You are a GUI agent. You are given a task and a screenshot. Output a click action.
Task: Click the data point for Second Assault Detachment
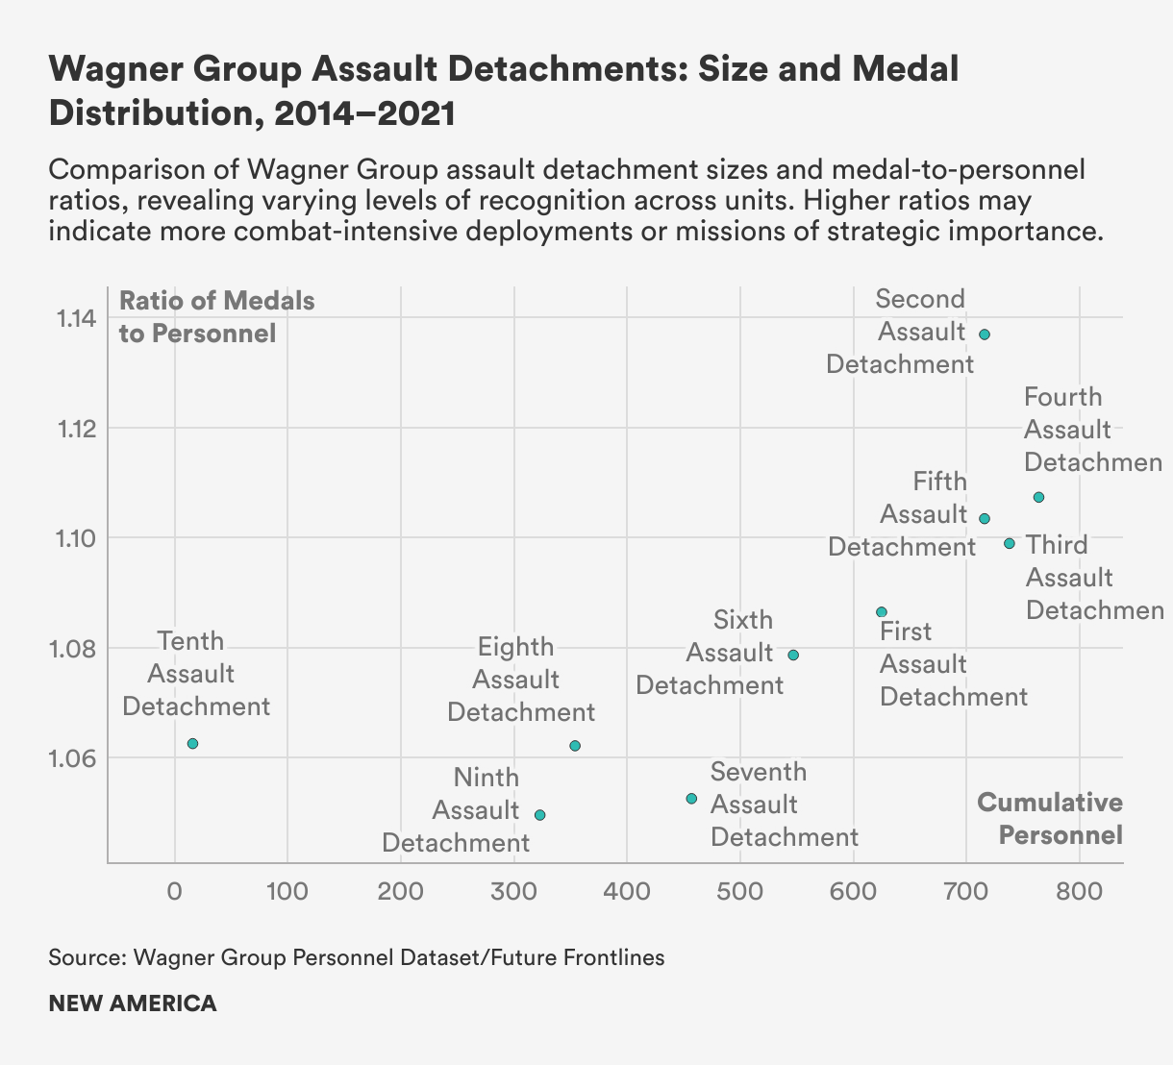[985, 334]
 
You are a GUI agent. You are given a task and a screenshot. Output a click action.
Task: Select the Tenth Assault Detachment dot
[192, 744]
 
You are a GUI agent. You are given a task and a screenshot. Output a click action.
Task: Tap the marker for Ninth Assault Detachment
[540, 815]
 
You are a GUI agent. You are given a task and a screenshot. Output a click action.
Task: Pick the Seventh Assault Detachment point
[691, 799]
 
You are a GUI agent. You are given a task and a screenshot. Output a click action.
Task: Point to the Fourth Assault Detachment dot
[1038, 497]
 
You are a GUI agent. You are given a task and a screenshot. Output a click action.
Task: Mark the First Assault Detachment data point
[882, 612]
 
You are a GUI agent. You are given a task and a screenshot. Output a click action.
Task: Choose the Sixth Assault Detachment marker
[793, 656]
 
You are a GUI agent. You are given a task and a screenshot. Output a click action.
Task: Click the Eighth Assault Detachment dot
[575, 746]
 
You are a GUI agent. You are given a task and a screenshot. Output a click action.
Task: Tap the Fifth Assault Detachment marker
[985, 519]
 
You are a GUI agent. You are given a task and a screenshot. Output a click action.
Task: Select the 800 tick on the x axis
[1079, 891]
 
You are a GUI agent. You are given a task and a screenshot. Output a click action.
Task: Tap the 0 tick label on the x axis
[174, 891]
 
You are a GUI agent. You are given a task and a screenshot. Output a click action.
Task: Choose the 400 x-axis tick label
[627, 891]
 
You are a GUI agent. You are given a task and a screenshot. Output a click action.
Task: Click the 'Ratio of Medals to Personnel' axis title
[216, 317]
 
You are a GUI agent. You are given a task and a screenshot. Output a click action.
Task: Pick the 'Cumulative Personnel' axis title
[1050, 819]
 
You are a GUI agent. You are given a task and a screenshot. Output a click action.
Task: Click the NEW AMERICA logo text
[133, 1003]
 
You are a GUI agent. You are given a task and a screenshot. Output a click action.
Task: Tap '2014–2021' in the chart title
[363, 113]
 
